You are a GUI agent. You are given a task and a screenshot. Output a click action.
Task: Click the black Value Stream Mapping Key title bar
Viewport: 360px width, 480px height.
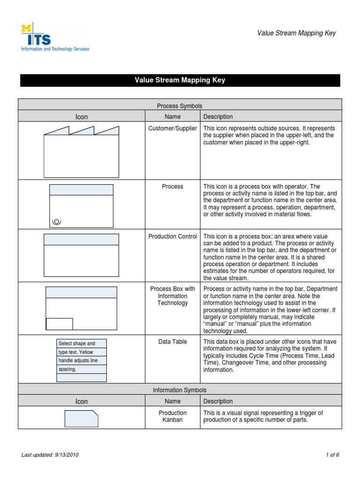tap(180, 80)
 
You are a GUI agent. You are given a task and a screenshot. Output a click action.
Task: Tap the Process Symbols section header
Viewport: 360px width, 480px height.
tap(180, 106)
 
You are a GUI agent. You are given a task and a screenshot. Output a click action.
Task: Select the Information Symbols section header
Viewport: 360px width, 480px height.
tap(180, 390)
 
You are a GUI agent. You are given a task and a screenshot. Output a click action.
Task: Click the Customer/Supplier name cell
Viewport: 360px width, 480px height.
tap(172, 128)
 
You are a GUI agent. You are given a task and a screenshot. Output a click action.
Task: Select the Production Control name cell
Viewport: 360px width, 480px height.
tap(172, 237)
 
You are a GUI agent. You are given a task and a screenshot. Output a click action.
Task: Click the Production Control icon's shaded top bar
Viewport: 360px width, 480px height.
tap(81, 240)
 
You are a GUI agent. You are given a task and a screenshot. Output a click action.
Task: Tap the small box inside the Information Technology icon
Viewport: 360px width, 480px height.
tap(59, 324)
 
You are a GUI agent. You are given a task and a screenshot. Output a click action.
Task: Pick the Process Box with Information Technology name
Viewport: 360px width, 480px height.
tap(172, 296)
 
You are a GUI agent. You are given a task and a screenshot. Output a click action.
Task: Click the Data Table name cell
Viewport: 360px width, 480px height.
tap(172, 342)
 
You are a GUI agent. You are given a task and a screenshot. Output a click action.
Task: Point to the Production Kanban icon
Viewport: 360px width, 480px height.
tap(81, 419)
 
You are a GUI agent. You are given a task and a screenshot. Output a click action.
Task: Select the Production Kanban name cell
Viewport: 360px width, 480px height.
tap(172, 416)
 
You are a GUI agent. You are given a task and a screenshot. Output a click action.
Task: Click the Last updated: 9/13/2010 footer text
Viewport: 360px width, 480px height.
tap(53, 455)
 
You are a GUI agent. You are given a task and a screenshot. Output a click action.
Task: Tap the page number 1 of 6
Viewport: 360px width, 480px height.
tap(332, 455)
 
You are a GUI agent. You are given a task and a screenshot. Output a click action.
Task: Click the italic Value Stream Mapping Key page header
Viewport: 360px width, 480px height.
tap(297, 33)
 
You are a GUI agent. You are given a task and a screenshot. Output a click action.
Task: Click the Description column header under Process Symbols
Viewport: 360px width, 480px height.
tap(218, 117)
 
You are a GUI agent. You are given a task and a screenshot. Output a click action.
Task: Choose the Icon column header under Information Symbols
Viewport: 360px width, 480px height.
tap(82, 402)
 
